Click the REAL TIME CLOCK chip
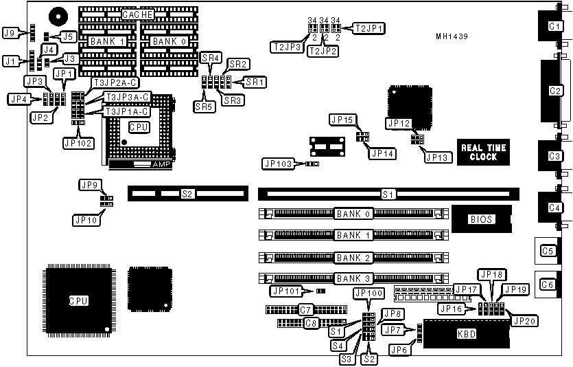coord(483,152)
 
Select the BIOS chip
coord(481,219)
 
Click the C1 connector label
coord(553,25)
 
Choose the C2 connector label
coord(553,90)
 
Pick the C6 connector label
coord(548,284)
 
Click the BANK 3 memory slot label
coord(354,278)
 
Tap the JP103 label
coord(279,163)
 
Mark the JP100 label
coord(368,293)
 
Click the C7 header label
coord(306,309)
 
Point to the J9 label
coord(10,32)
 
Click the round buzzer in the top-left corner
coord(58,15)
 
